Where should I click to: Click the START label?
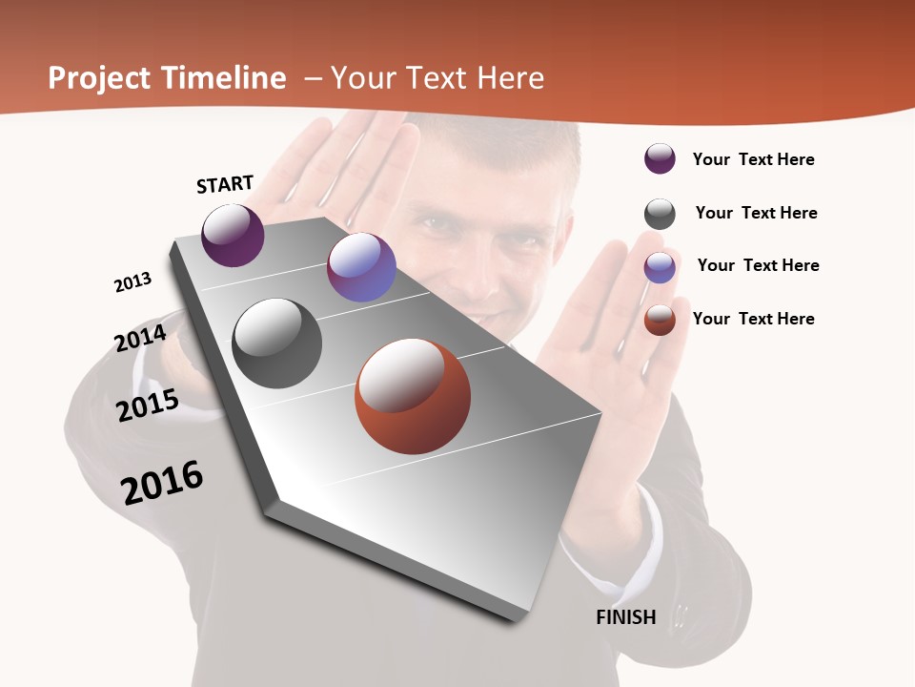click(x=225, y=184)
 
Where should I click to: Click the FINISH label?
click(x=626, y=617)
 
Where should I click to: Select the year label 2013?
click(x=132, y=282)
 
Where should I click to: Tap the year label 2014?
click(x=140, y=339)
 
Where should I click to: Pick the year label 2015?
click(x=148, y=406)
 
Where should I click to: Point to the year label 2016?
click(x=162, y=483)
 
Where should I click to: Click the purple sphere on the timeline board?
click(x=234, y=235)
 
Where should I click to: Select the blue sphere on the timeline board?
click(x=361, y=267)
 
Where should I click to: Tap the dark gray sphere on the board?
click(x=277, y=343)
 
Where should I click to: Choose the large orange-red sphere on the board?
click(x=413, y=396)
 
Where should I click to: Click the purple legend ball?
click(x=660, y=159)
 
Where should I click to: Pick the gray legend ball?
click(x=660, y=214)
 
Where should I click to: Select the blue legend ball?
click(x=660, y=267)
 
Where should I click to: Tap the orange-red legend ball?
click(x=660, y=320)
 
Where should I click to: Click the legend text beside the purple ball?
click(x=753, y=160)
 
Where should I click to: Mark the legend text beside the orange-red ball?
click(x=753, y=319)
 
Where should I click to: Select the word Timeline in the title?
click(x=224, y=78)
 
